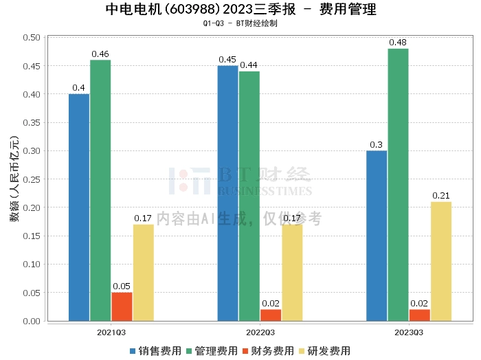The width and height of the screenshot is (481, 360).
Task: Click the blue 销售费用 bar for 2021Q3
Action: coord(79,207)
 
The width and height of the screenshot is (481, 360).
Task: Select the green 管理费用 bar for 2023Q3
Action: coord(398,184)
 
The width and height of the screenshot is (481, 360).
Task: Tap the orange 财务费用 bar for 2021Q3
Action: coord(122,306)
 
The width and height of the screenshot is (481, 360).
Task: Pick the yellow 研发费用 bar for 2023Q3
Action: coord(441,261)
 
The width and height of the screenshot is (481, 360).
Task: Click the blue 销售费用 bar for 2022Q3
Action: coord(227,193)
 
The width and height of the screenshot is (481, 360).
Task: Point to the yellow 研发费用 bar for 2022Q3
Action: coord(292,273)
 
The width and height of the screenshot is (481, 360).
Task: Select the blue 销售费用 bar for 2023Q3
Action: coord(377,236)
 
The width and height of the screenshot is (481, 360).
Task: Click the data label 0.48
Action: coord(398,43)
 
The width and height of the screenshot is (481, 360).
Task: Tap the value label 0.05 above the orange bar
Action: coord(122,286)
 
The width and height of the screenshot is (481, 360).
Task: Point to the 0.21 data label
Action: coord(441,196)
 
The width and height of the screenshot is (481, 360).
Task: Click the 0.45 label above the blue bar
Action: coord(227,60)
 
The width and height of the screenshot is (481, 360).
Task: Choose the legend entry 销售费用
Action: coord(152,350)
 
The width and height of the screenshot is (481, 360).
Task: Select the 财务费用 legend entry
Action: coord(267,350)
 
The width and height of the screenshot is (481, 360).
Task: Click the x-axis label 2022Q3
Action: coord(260,332)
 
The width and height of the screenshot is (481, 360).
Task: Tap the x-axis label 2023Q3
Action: coord(409,332)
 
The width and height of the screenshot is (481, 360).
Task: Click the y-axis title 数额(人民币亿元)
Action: coord(14,179)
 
